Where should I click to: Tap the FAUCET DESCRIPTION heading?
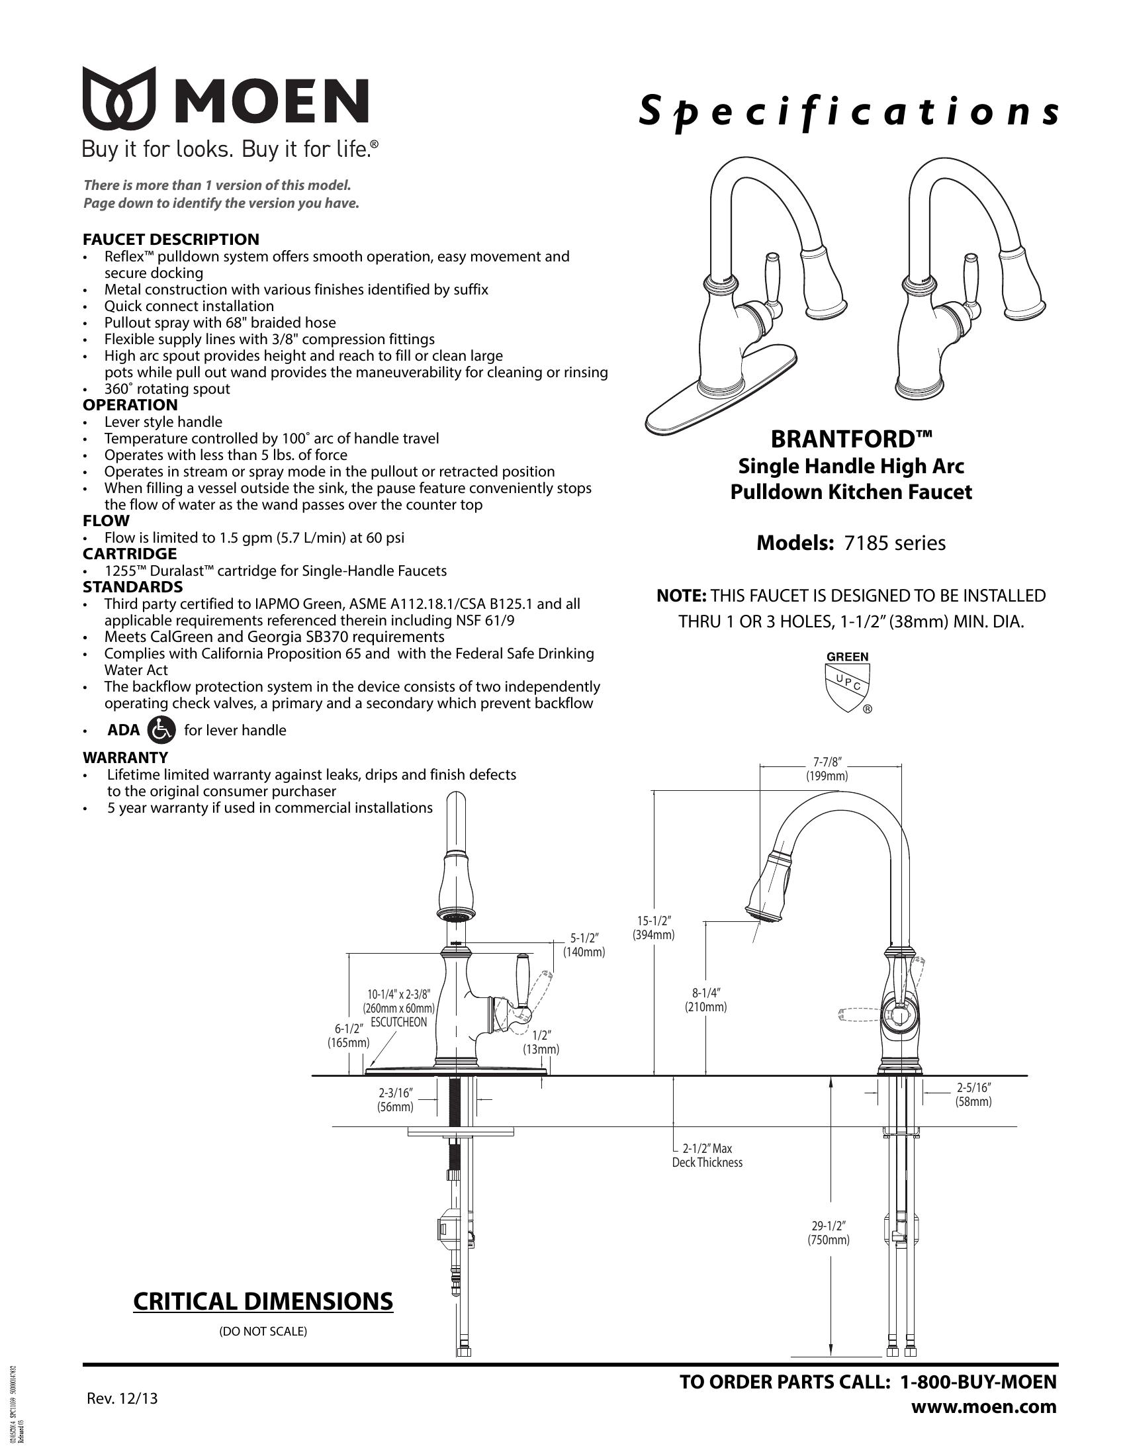tap(171, 240)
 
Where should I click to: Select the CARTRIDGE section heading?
tap(129, 554)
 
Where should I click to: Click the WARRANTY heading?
tap(125, 757)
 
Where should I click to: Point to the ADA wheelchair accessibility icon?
tap(161, 730)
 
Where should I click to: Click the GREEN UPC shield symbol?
tap(847, 682)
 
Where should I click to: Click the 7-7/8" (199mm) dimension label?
tap(827, 768)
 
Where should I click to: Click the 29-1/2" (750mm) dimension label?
tap(829, 1233)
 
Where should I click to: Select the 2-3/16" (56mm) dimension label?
tap(396, 1100)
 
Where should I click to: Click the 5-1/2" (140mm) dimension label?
tap(584, 944)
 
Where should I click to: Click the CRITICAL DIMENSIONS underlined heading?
tap(263, 1301)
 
